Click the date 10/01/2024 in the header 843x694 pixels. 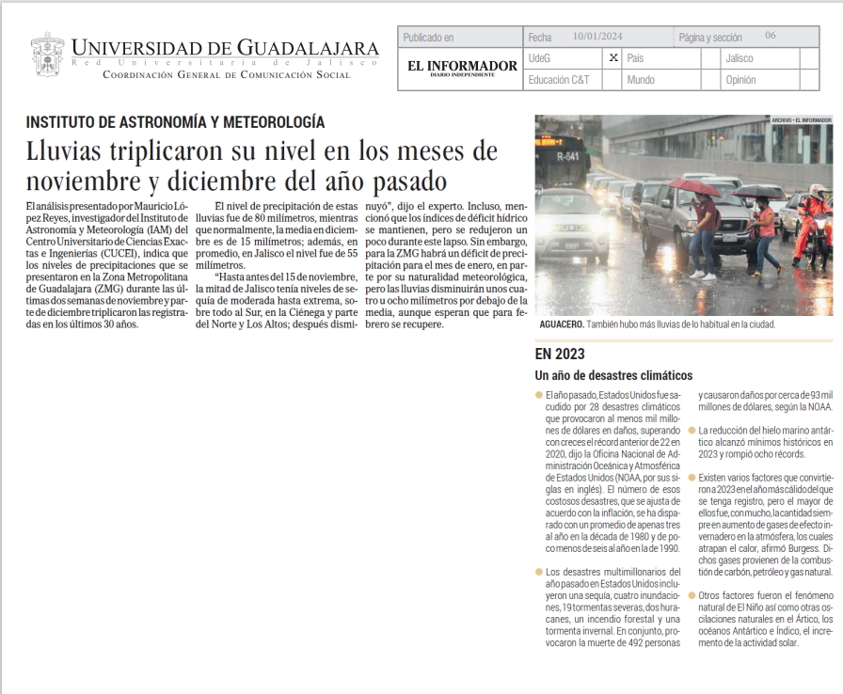[598, 37]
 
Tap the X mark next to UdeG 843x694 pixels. [612, 58]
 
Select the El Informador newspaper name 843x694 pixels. [462, 66]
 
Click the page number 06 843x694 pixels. [771, 36]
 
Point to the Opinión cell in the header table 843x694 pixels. [741, 80]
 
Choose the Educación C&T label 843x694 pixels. [559, 80]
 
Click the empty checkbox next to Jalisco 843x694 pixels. [808, 58]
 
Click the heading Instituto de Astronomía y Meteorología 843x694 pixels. [176, 121]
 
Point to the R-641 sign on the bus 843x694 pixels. [568, 156]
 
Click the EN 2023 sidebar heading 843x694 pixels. [560, 355]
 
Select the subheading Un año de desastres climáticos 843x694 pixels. [613, 375]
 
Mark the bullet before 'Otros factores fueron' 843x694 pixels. [691, 594]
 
